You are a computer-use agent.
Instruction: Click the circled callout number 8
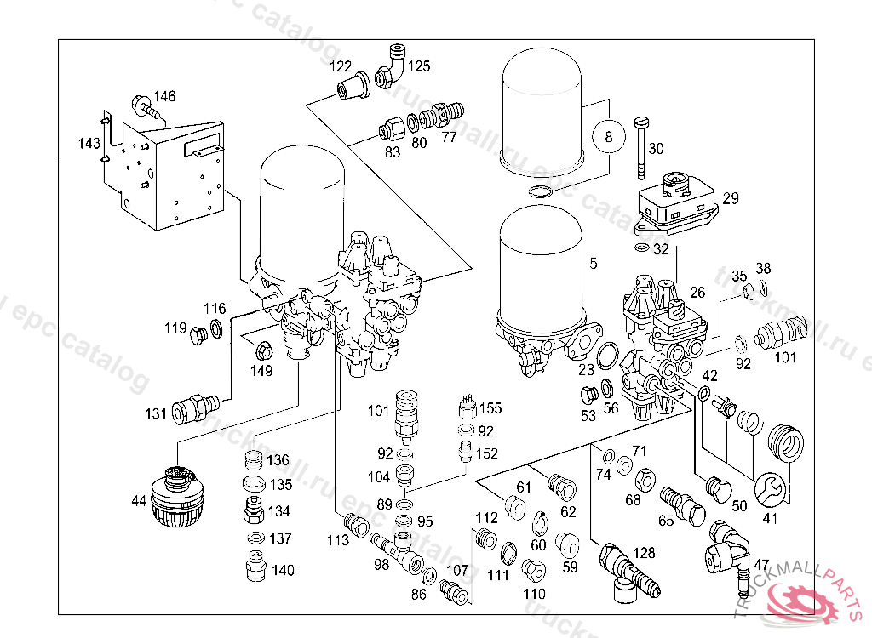pyautogui.click(x=607, y=136)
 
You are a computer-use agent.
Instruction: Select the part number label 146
pyautogui.click(x=164, y=96)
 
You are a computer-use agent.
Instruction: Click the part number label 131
pyautogui.click(x=156, y=414)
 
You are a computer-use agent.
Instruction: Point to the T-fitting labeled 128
pyautogui.click(x=622, y=567)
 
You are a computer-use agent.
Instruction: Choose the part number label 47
pyautogui.click(x=761, y=564)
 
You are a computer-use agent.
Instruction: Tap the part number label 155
pyautogui.click(x=490, y=408)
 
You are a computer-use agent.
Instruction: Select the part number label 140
pyautogui.click(x=283, y=571)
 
